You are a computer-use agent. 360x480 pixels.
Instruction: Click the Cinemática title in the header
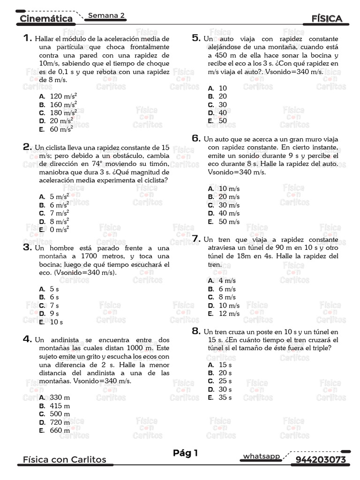pos(46,19)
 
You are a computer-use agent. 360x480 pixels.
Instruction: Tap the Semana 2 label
pos(106,15)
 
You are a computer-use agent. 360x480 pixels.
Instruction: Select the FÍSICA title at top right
pos(326,19)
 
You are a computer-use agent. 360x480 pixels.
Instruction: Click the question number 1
pos(27,38)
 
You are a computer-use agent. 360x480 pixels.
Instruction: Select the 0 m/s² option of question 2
pos(59,230)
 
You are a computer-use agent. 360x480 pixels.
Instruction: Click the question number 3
pos(27,247)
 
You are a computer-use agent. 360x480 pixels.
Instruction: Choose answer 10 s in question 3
pos(56,322)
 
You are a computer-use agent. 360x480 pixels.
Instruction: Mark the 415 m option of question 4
pos(60,406)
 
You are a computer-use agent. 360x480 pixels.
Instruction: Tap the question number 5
pos(196,38)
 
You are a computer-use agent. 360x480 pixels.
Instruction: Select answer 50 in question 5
pos(223,120)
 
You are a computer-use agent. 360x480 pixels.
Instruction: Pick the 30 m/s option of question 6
pos(229,205)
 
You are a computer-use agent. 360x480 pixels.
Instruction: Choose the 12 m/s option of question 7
pos(229,314)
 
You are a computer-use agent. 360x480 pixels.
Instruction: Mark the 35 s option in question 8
pos(225,397)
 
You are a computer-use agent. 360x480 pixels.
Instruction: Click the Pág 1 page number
pos(186,453)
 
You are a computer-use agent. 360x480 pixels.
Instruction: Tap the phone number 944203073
pos(321,459)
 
